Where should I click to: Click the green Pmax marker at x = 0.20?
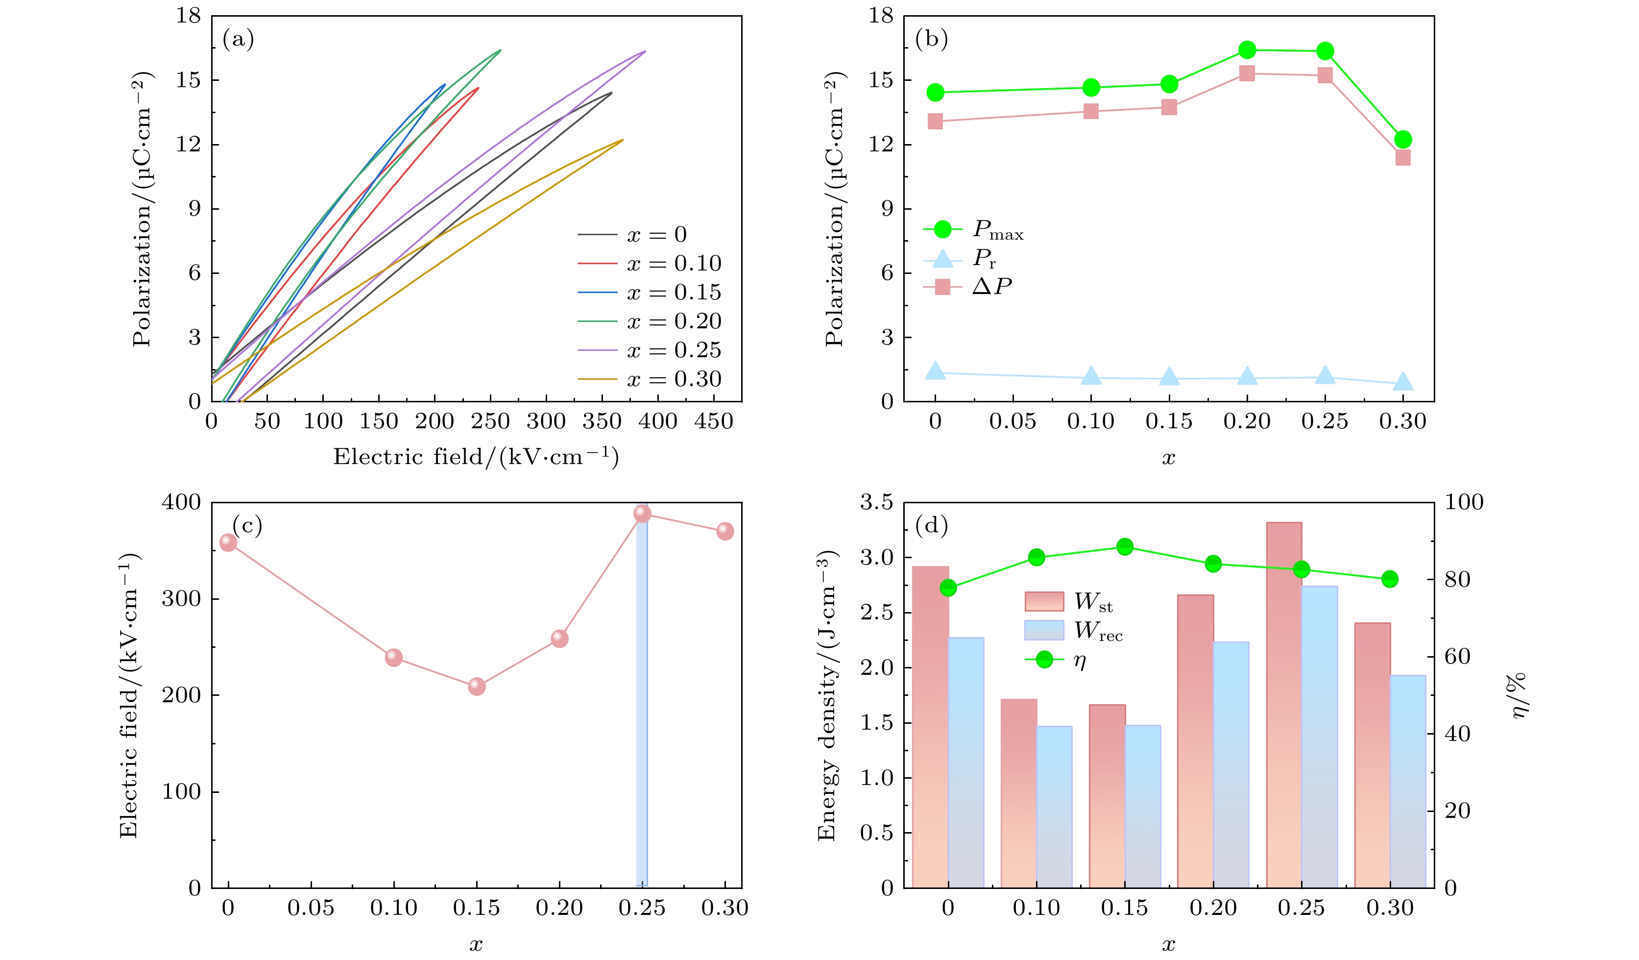click(x=1247, y=49)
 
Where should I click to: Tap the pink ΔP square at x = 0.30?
click(x=1403, y=157)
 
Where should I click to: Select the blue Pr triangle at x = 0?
click(x=935, y=371)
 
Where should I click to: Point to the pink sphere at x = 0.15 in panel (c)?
click(x=477, y=686)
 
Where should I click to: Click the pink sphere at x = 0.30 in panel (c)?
click(x=725, y=531)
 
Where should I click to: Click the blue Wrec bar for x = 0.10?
click(x=1054, y=807)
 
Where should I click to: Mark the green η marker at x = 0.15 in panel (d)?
click(x=1125, y=547)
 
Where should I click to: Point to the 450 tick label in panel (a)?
click(x=714, y=422)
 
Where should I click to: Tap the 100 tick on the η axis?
click(x=1464, y=502)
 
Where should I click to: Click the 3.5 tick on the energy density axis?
click(x=877, y=502)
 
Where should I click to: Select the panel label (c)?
click(x=247, y=524)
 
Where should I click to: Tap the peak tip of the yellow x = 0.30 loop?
click(x=623, y=140)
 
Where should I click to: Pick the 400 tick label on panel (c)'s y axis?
click(x=181, y=502)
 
